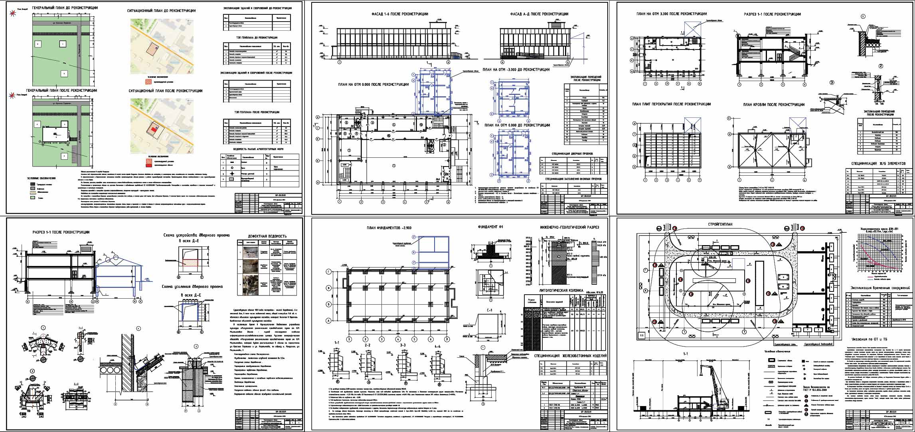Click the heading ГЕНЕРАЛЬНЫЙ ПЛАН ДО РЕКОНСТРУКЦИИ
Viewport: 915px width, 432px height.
click(x=65, y=8)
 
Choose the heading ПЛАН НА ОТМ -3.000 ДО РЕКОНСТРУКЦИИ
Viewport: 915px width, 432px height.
click(x=516, y=69)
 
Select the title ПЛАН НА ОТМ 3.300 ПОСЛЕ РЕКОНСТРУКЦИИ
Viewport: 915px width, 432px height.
click(x=669, y=14)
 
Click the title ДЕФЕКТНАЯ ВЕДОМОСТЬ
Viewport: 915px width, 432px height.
click(x=267, y=236)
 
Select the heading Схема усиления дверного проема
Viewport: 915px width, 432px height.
click(x=192, y=287)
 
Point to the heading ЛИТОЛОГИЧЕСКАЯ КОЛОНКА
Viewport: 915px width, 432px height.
click(x=561, y=291)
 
